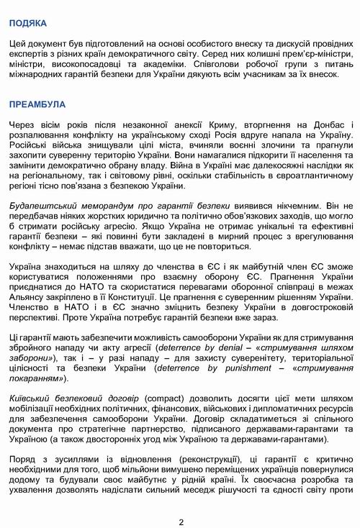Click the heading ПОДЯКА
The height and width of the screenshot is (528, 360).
click(28, 24)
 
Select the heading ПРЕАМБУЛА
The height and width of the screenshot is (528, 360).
click(37, 104)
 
